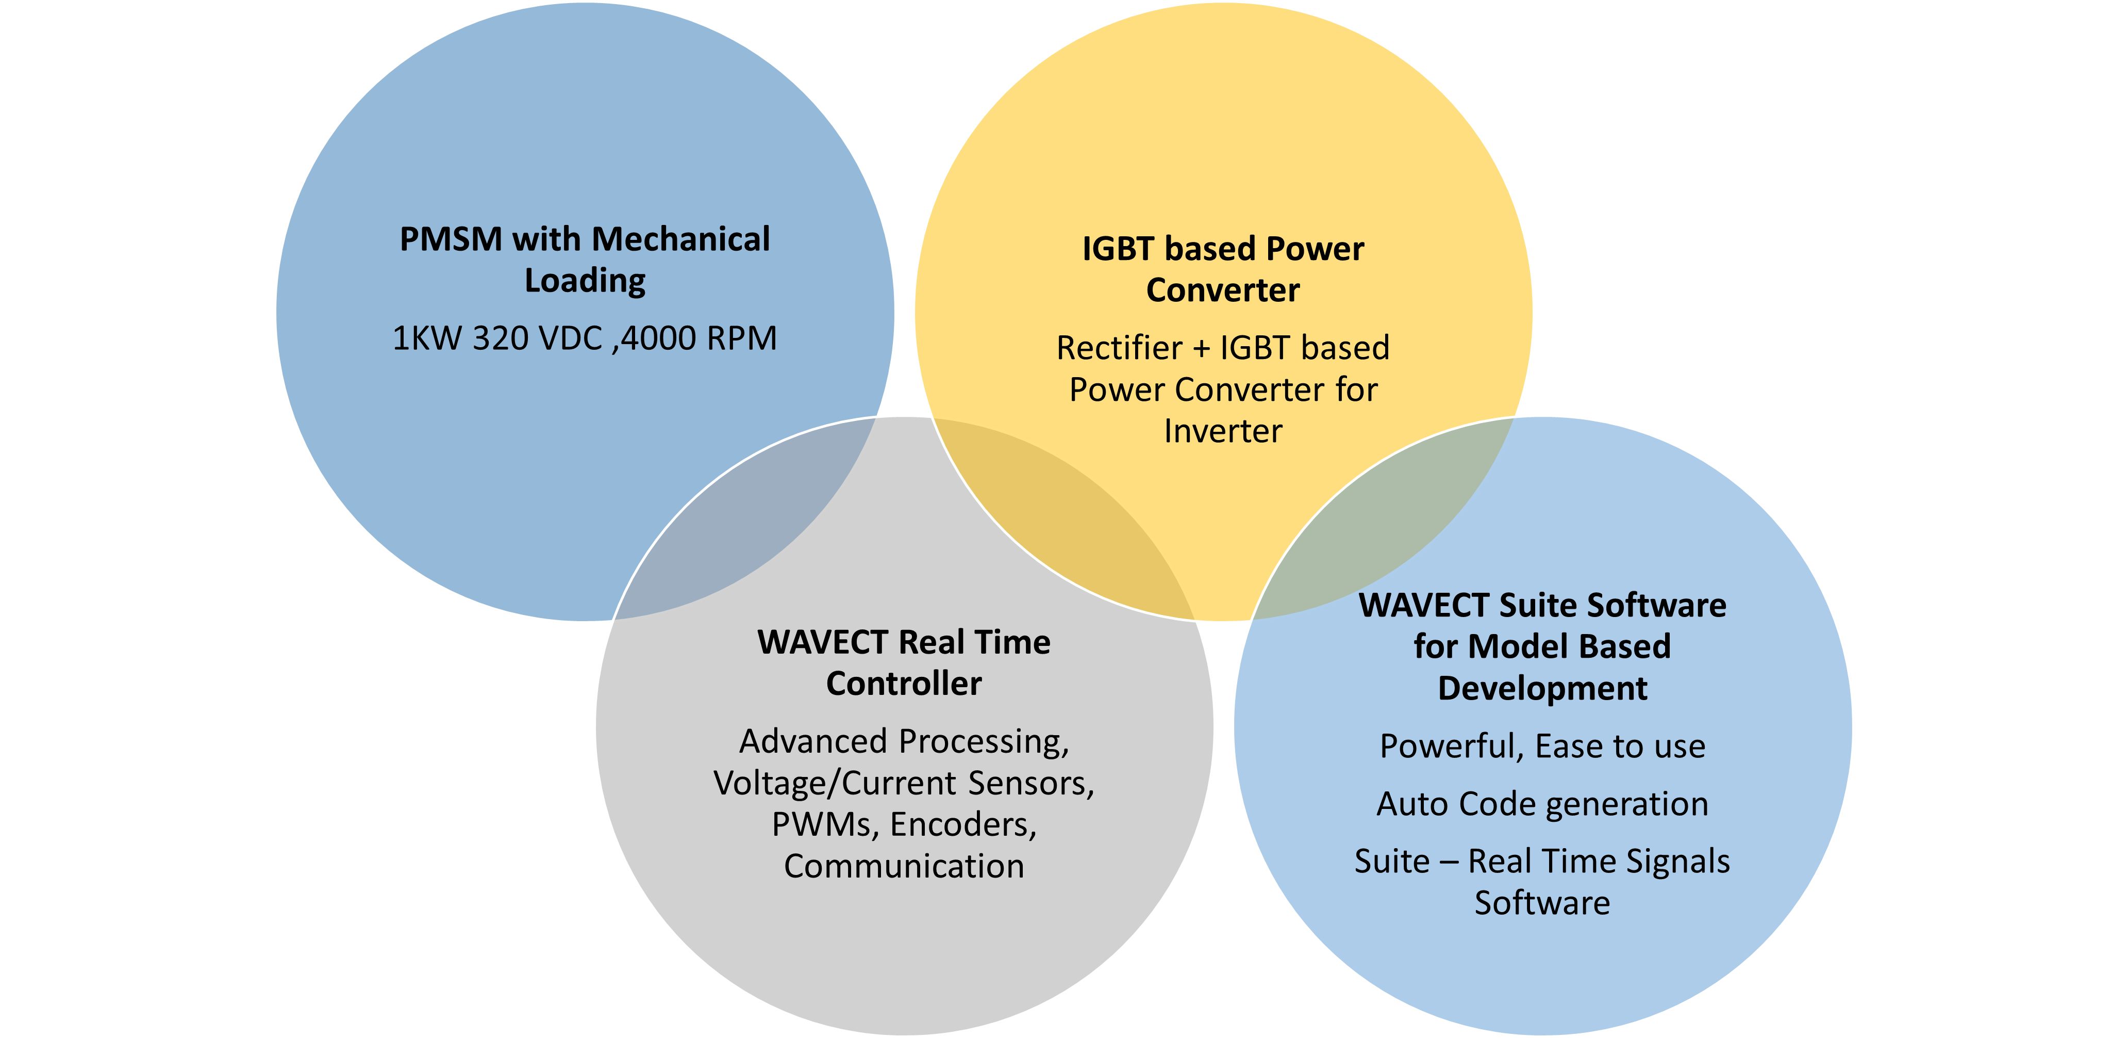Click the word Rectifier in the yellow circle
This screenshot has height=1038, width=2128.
1119,348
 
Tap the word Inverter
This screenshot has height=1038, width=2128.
1223,431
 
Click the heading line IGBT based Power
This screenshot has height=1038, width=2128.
1223,249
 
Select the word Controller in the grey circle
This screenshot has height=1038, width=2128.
904,684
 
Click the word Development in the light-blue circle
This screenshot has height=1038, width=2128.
1542,688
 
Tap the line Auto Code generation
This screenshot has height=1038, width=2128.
1542,804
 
